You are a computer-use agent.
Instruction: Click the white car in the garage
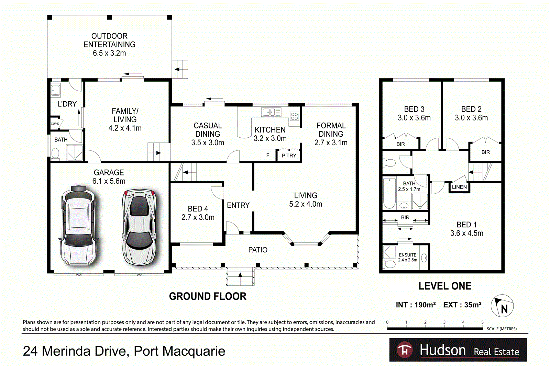(78, 227)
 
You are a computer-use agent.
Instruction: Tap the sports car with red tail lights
(139, 227)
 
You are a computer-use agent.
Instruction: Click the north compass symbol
(502, 306)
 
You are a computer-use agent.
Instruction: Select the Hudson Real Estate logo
(458, 350)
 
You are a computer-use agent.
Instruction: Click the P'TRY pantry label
(289, 156)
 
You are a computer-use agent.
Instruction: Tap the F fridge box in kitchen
(268, 155)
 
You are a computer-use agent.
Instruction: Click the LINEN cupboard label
(459, 187)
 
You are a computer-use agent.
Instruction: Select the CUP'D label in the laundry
(55, 124)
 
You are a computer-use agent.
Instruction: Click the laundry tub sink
(56, 90)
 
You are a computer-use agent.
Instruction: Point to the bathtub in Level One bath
(389, 193)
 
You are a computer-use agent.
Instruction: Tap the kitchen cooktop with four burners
(294, 116)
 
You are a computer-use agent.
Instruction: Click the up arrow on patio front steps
(240, 275)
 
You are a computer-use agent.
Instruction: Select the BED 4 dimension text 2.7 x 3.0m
(198, 217)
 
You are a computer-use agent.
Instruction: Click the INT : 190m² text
(416, 305)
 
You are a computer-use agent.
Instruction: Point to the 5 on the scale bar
(482, 322)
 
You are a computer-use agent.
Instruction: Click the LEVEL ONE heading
(445, 286)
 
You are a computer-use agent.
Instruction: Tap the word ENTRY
(238, 205)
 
